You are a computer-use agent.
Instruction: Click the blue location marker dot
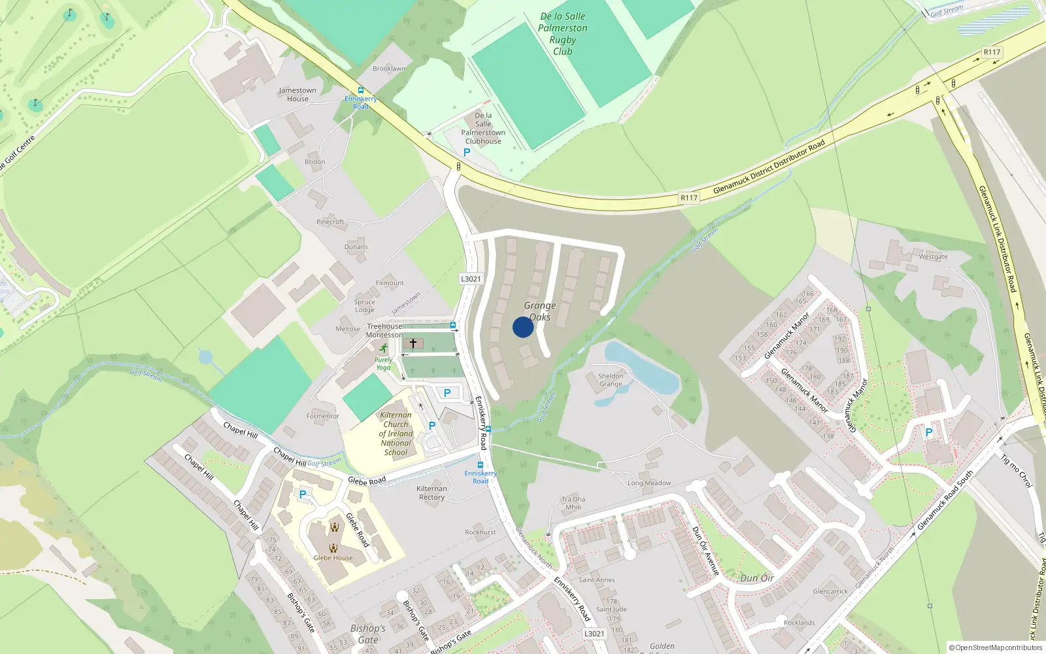pos(523,327)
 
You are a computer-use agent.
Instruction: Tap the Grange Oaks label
pos(540,311)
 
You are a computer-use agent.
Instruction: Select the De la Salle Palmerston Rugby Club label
pos(562,34)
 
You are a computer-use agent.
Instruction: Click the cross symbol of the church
pos(413,343)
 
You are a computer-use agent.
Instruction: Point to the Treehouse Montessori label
pos(384,330)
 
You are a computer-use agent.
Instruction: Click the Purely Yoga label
pos(383,364)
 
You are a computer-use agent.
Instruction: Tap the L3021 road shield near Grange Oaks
pos(471,279)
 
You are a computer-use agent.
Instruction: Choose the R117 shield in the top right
pos(992,52)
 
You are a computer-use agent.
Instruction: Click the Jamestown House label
pos(297,95)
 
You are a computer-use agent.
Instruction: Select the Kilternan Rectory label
pos(431,493)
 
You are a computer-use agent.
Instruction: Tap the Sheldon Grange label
pos(611,380)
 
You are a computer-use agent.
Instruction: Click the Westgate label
pos(933,256)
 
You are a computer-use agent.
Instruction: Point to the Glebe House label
pos(333,558)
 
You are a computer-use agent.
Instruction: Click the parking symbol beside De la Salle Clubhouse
pos(467,152)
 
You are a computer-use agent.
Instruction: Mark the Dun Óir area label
pos(757,578)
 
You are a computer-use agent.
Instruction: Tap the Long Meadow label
pos(649,483)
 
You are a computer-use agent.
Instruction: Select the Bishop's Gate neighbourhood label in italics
pos(368,634)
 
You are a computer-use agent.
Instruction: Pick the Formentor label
pos(323,416)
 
